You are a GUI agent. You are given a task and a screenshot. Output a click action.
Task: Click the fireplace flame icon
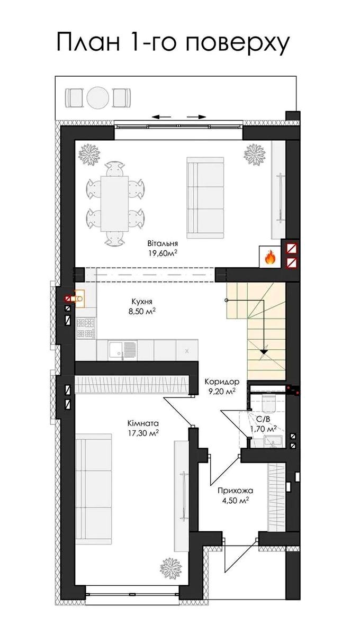click(270, 257)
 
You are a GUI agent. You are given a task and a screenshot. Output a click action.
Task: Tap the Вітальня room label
click(163, 243)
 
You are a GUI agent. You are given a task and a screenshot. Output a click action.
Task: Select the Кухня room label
click(142, 301)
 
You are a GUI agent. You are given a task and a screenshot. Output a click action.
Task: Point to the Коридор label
click(222, 382)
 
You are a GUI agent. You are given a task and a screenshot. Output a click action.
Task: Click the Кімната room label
click(143, 423)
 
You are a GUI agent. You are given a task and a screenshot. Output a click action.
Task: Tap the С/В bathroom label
click(263, 419)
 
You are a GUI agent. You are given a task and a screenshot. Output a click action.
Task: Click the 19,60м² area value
click(162, 253)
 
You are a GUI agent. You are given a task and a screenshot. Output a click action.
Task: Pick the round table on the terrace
click(98, 98)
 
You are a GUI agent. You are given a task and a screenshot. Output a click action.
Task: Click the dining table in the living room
click(114, 204)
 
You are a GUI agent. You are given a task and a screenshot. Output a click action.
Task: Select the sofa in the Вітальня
click(205, 198)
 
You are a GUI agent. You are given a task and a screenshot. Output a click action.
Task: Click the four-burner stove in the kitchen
click(86, 328)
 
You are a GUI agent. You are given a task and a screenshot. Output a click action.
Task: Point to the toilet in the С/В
click(269, 404)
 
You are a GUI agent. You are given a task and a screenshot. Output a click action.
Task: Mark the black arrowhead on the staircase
click(264, 351)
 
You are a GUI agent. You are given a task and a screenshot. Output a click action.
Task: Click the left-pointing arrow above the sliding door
click(161, 117)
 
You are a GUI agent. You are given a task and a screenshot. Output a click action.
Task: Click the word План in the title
click(88, 42)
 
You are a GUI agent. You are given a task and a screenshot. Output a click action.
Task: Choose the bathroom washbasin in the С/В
click(272, 442)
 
